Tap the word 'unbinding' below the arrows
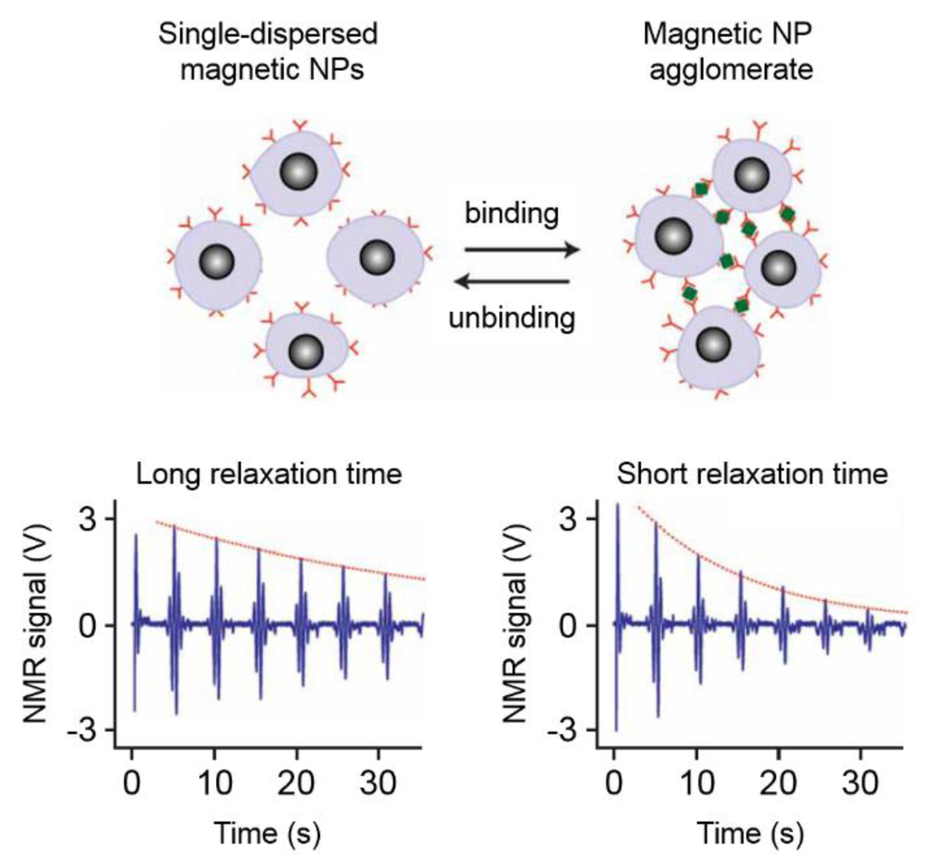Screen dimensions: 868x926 tap(513, 317)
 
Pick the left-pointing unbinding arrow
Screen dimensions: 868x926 tap(513, 282)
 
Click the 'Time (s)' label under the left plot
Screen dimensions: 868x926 tap(270, 829)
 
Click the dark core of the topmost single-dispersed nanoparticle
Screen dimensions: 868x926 tap(298, 171)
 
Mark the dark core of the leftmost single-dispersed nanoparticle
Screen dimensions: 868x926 tap(216, 262)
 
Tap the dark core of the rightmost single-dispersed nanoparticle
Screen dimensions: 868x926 tap(377, 258)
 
